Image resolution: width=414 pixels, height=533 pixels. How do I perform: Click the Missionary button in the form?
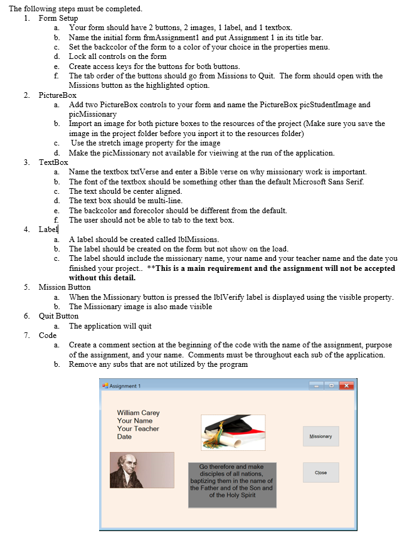(321, 436)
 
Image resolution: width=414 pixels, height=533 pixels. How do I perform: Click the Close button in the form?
(321, 473)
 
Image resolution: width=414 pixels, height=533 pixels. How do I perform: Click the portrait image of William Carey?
(142, 470)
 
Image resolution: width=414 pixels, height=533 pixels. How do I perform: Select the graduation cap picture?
(233, 432)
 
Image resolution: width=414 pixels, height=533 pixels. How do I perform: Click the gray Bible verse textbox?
(231, 485)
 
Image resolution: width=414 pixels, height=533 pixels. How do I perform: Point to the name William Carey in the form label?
(138, 413)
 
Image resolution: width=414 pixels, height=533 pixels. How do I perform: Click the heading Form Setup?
(58, 18)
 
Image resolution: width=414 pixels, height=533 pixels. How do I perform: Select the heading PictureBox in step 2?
(58, 95)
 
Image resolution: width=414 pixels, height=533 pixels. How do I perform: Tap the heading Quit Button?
(59, 316)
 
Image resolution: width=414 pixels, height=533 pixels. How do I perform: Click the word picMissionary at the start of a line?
(92, 114)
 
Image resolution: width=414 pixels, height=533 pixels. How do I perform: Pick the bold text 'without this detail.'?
(102, 277)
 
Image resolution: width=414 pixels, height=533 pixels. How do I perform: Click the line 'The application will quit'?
(110, 326)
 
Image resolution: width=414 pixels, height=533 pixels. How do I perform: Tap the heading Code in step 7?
(48, 335)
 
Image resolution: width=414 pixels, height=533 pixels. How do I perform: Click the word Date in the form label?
(124, 437)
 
